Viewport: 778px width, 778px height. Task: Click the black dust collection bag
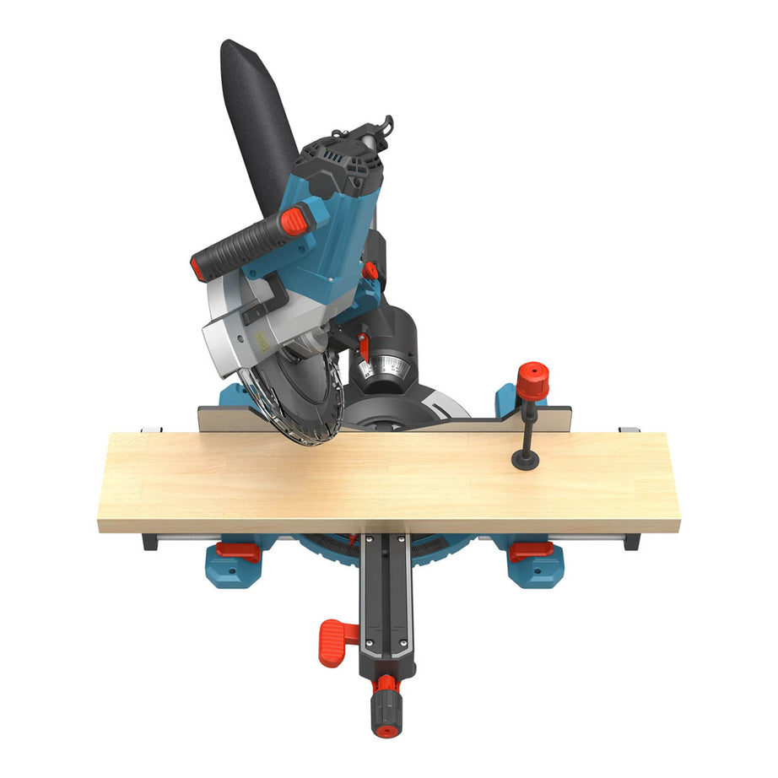(x=257, y=118)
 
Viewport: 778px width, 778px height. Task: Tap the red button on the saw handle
(x=294, y=222)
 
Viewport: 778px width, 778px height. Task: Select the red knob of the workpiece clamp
(x=532, y=381)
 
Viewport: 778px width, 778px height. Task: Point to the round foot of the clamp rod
(x=527, y=458)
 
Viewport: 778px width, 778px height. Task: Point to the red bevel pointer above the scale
(x=364, y=346)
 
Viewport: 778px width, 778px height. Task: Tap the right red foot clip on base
(x=531, y=551)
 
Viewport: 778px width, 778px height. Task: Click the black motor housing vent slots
(x=332, y=160)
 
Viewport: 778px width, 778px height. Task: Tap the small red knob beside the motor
(x=370, y=271)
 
